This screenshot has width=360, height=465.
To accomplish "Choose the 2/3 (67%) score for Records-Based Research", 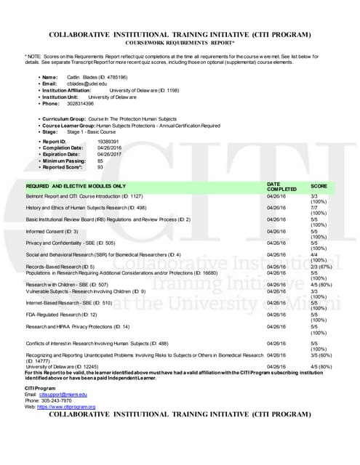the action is click(x=321, y=267).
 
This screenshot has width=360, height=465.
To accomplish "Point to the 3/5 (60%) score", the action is click(x=321, y=355).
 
